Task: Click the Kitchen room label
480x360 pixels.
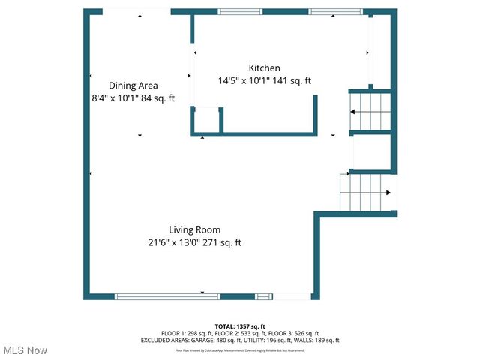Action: tap(264, 67)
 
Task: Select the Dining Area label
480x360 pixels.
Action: tap(133, 85)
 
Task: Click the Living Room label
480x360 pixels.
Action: tap(194, 229)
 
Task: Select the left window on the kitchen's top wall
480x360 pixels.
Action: tap(240, 12)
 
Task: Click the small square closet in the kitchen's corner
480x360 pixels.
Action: tap(206, 120)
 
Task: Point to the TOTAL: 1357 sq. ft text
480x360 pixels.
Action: tap(240, 326)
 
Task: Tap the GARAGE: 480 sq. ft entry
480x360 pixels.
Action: tap(214, 340)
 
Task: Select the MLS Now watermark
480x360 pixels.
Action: tap(25, 350)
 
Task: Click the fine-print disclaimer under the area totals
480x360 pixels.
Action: tap(240, 349)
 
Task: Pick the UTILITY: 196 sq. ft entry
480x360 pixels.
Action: tap(269, 340)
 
